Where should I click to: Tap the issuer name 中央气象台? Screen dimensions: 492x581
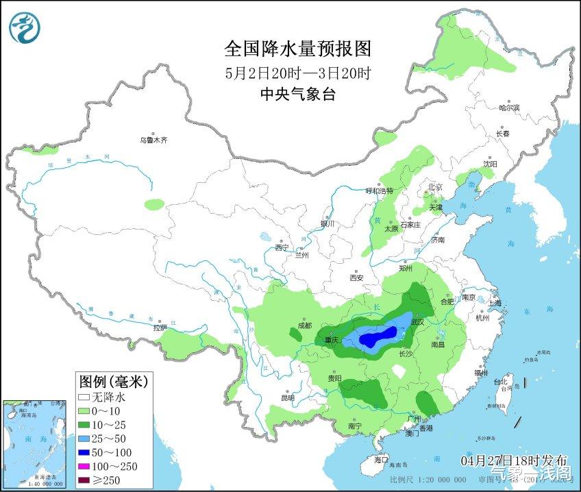click(298, 95)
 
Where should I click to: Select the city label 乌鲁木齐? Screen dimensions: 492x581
click(153, 140)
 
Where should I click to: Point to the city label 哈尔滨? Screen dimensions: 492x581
click(509, 108)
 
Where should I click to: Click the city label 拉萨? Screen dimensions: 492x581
click(160, 328)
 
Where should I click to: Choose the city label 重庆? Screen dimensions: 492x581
click(332, 340)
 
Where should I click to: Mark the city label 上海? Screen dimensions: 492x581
click(495, 302)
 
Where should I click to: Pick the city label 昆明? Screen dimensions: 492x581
click(287, 397)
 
